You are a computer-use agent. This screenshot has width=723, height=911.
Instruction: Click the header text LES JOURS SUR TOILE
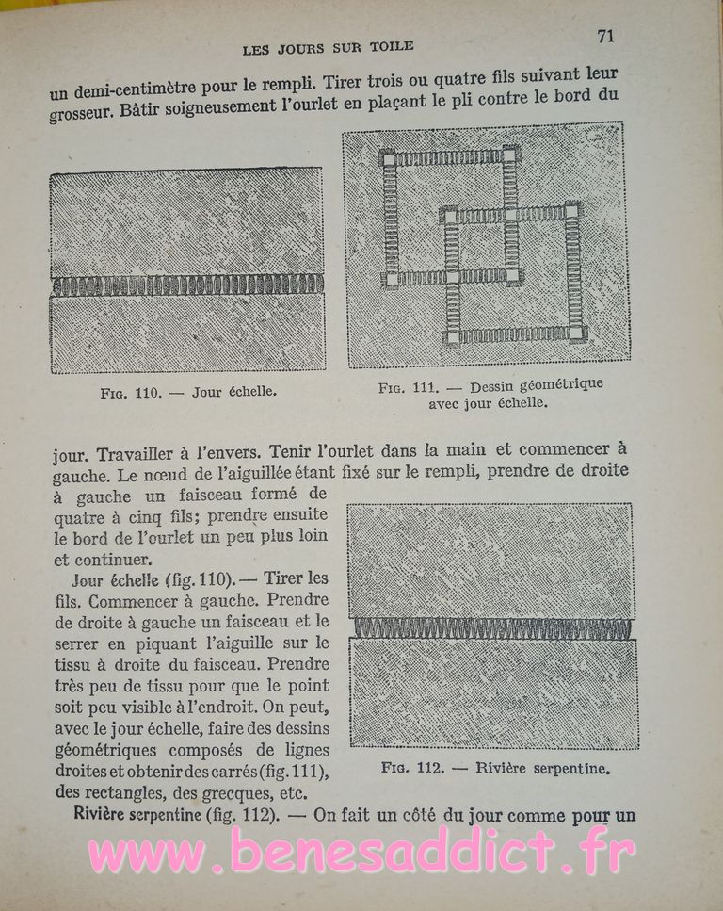328,45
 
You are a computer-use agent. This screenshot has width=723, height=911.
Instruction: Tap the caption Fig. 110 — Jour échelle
188,392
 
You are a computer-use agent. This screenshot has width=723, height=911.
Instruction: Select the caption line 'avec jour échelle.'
488,402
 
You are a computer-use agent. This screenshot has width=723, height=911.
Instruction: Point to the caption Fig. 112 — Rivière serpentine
496,768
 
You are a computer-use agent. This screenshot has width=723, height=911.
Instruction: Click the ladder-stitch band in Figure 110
186,285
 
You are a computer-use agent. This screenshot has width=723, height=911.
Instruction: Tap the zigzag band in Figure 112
491,628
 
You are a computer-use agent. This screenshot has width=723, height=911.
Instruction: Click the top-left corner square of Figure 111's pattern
387,157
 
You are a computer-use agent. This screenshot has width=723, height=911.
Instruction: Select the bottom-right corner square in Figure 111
576,333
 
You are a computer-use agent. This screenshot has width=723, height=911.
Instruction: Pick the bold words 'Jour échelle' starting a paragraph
109,580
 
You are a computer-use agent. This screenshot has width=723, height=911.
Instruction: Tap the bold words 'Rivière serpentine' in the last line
137,814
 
